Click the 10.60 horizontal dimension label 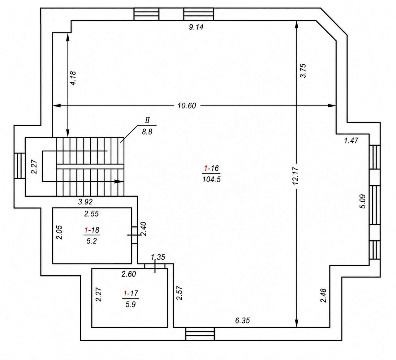187,106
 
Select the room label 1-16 211,168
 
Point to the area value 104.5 211,179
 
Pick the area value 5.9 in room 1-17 131,305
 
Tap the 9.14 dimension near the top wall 196,27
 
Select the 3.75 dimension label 303,71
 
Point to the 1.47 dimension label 351,140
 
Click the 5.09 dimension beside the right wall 363,201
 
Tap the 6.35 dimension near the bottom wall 243,320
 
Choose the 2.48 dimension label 323,295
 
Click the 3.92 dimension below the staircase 85,202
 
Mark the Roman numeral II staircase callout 147,120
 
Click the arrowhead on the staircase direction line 119,181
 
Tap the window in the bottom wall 200,334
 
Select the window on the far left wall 19,166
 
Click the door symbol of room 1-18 135,235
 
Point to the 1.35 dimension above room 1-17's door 158,257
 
